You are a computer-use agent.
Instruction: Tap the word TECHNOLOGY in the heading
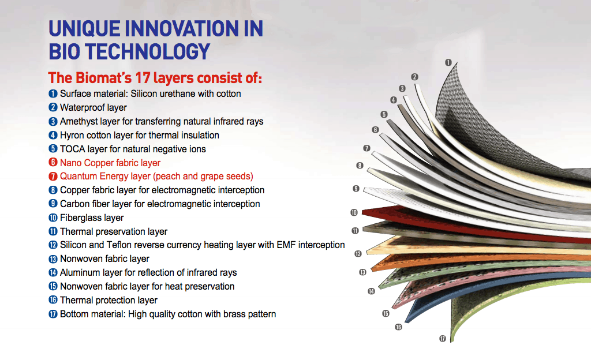[147, 51]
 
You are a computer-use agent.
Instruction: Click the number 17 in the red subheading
[143, 78]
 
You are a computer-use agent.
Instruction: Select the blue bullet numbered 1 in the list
[53, 93]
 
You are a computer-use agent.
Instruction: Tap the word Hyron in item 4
[72, 135]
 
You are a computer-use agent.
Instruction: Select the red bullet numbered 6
[53, 162]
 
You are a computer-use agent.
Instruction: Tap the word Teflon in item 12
[119, 245]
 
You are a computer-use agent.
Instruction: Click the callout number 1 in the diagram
[448, 62]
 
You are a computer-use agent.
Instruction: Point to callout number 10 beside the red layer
[354, 213]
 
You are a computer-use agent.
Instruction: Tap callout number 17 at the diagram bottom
[443, 339]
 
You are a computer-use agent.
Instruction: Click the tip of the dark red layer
[362, 213]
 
